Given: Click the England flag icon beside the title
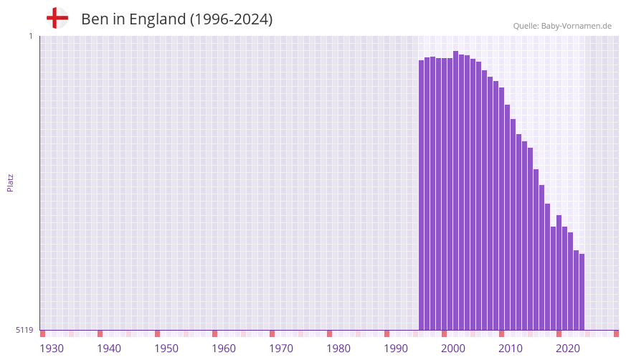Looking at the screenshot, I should (57, 19).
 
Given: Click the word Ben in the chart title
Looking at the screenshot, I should (93, 19).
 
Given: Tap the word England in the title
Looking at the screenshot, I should (157, 19).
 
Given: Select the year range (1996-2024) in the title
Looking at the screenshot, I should (231, 19).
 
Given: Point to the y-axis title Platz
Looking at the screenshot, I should (10, 182).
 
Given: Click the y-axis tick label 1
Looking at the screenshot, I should (30, 36).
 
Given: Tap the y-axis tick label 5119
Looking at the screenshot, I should (24, 331).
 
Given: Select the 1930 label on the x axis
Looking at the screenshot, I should (52, 349).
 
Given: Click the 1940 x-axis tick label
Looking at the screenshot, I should (109, 349).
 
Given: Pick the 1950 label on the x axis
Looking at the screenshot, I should (166, 349).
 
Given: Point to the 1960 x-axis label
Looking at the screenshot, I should (224, 349).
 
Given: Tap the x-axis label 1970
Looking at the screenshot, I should (281, 349).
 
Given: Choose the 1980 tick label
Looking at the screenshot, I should (338, 349).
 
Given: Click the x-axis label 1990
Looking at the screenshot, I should (396, 349).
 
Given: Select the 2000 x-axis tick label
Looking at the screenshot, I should (453, 349).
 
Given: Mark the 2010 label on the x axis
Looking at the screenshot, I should (511, 349).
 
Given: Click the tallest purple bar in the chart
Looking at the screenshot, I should (456, 190).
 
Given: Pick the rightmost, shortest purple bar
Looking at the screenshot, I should (582, 292).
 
